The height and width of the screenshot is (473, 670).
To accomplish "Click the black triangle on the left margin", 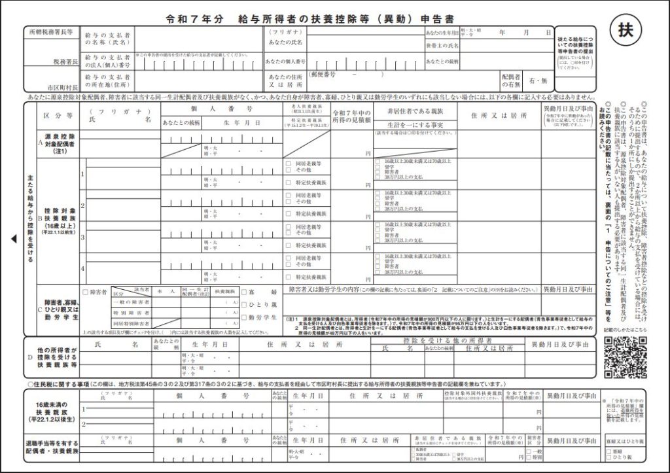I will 14,239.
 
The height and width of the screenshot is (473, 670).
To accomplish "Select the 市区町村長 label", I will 63,86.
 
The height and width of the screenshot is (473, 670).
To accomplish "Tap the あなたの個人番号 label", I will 286,61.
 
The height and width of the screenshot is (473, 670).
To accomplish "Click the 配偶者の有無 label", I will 511,80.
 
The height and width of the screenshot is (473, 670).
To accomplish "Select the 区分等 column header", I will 58,116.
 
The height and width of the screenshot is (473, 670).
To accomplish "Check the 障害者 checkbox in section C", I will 85,292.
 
